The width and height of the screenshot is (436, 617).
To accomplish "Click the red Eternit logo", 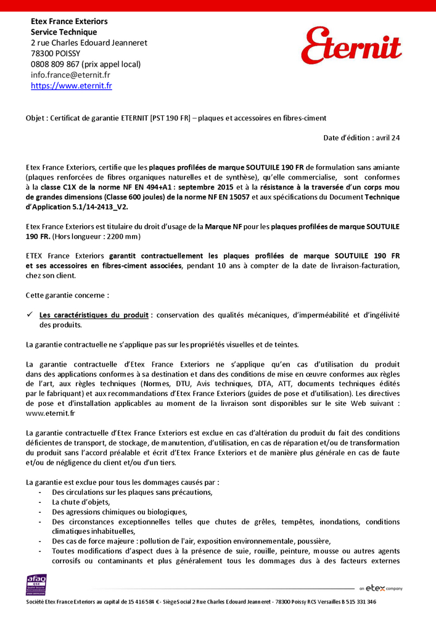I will pos(352,45).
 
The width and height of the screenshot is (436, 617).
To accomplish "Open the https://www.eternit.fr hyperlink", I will pos(72,86).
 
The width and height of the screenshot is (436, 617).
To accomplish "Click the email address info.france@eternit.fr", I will pos(70,75).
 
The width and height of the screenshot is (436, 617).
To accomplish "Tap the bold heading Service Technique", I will pos(64,32).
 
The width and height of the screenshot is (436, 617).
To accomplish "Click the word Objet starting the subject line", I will pos(35,118).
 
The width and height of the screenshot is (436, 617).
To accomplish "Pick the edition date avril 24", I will pos(388,138).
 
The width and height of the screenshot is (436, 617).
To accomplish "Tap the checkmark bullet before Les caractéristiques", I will pos(29,315).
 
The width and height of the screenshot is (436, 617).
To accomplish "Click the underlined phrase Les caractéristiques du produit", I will pos(94,315).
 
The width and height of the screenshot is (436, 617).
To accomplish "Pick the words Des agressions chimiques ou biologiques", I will pos(119,512).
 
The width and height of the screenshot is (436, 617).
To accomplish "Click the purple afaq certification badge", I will pos(36,584).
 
